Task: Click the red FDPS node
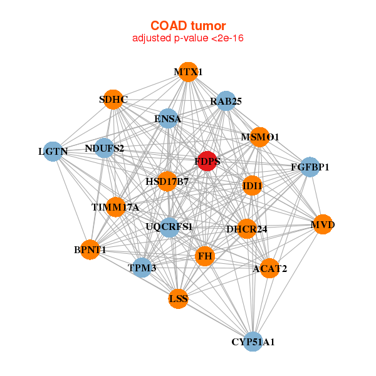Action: pos(207,161)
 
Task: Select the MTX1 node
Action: pos(188,72)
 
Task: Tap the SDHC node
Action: pos(113,100)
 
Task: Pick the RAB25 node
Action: pos(226,101)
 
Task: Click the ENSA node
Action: pos(167,118)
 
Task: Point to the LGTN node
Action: pos(53,152)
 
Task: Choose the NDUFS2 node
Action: pos(105,149)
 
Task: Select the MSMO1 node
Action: pos(259,137)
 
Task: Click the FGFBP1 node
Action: pos(310,167)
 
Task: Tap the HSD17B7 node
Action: pos(167,182)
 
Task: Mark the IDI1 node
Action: pos(252,185)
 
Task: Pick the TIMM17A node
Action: pos(115,207)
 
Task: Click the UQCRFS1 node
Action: pos(169,227)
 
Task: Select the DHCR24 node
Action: pos(246,229)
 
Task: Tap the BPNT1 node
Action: pos(90,250)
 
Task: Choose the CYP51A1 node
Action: pos(253,342)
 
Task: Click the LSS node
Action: pos(178,299)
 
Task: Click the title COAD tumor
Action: pos(188,26)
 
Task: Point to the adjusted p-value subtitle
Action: pos(188,38)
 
